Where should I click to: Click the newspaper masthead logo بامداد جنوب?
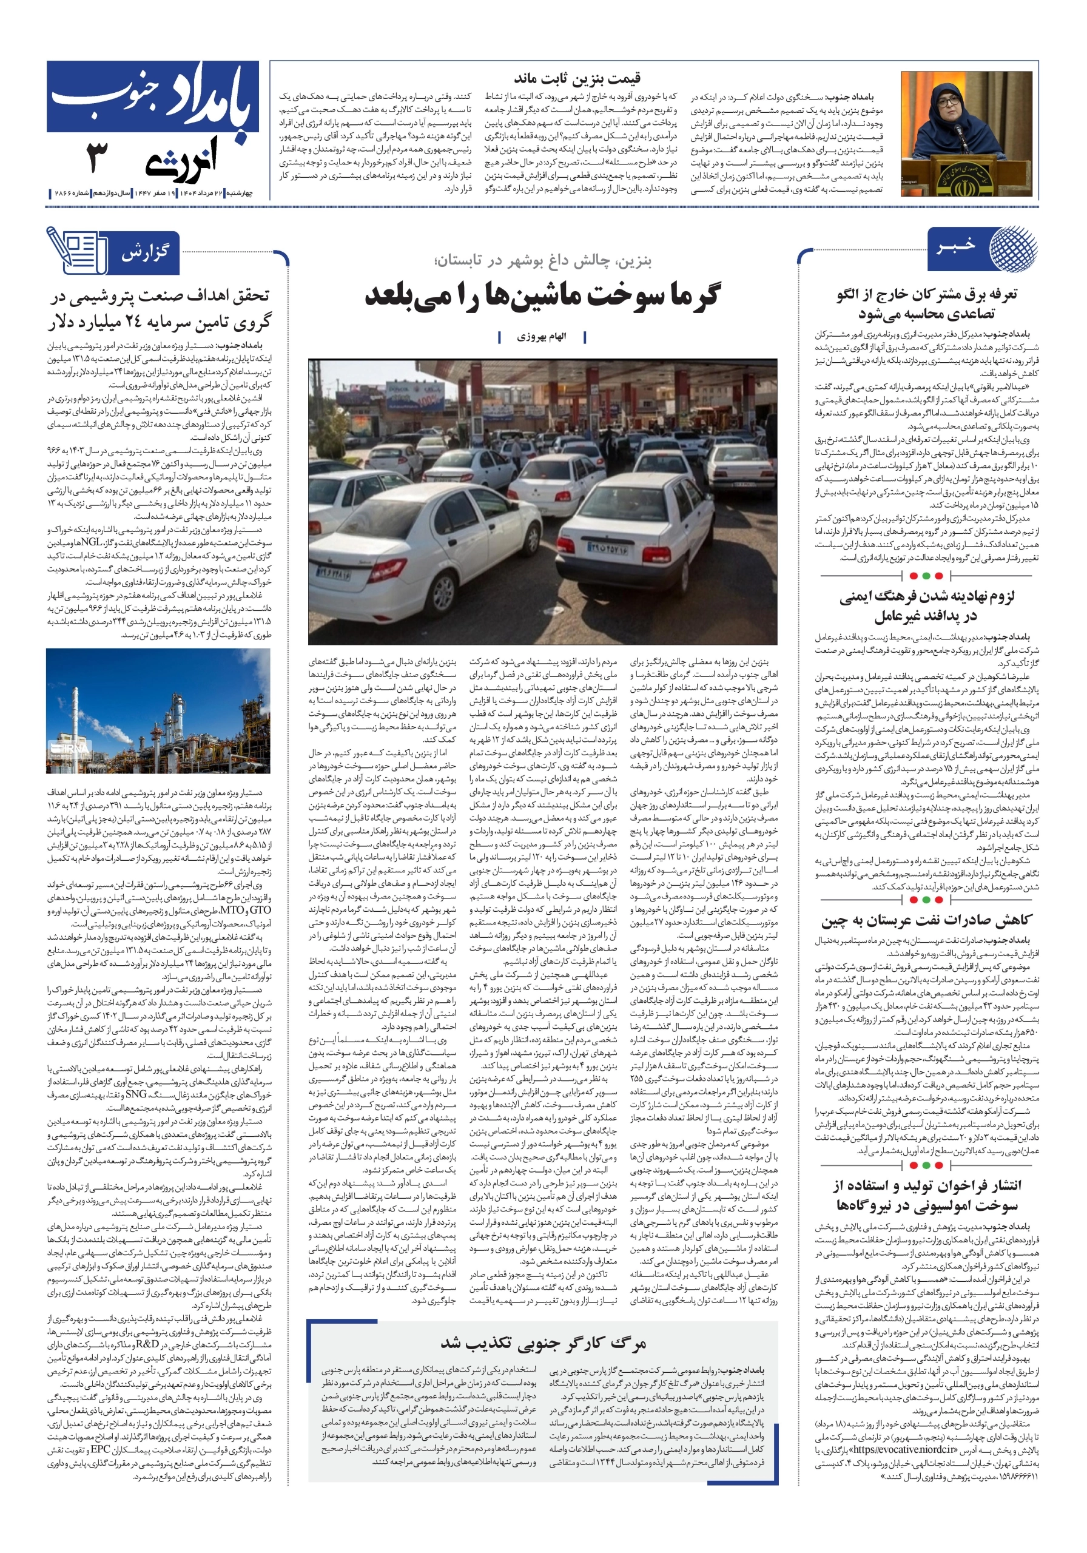click(x=153, y=99)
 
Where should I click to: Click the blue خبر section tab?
click(x=957, y=245)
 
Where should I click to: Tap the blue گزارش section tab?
click(x=145, y=254)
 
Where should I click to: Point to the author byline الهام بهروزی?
click(x=542, y=337)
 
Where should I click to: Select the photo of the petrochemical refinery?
click(x=158, y=711)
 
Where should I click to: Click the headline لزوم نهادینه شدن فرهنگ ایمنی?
click(x=927, y=596)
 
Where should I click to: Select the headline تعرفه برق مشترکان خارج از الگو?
click(x=927, y=295)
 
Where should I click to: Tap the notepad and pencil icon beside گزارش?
click(x=76, y=251)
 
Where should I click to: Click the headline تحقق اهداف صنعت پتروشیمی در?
click(x=160, y=295)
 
